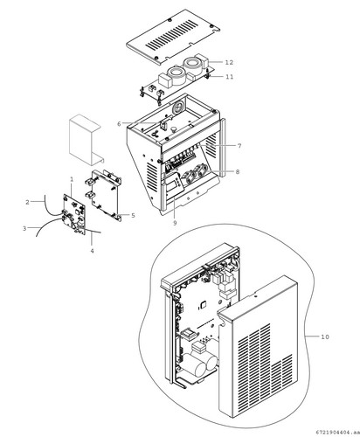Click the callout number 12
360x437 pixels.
(x=229, y=62)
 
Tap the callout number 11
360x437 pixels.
(x=230, y=77)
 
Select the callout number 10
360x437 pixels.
(x=325, y=336)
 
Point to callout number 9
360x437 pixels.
(x=175, y=223)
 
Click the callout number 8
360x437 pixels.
(x=238, y=172)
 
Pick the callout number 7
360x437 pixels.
(x=239, y=146)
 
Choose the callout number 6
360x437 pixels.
(x=119, y=124)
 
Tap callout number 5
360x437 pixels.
(x=133, y=216)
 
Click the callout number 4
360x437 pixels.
(x=92, y=251)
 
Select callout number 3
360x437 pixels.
(x=24, y=228)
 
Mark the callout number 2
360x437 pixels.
(x=27, y=202)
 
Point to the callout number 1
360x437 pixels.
(x=72, y=179)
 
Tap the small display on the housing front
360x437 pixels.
(x=175, y=183)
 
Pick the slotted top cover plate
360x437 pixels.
(x=173, y=37)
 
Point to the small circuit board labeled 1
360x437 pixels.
(x=74, y=214)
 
